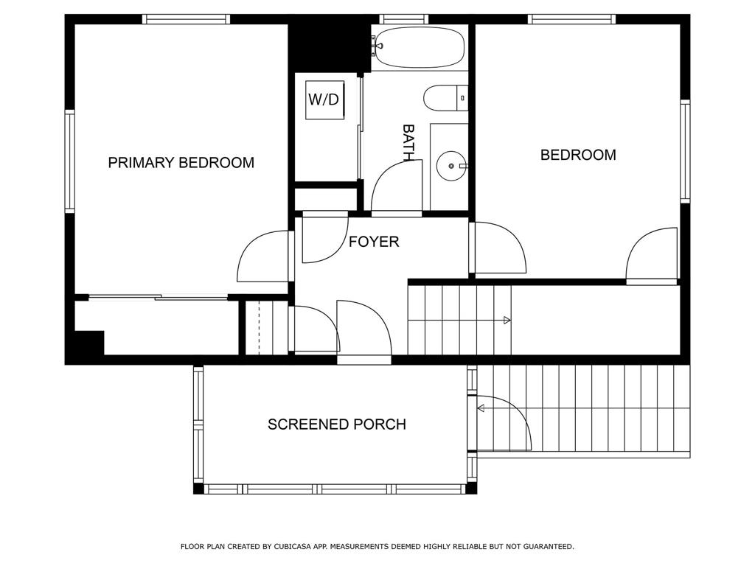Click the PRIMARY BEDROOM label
[181, 163]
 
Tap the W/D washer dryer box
[324, 99]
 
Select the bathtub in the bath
[419, 47]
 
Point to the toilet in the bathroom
[445, 98]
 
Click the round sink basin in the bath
[451, 166]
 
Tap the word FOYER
[374, 242]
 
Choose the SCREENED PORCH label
[336, 424]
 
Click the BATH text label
[408, 142]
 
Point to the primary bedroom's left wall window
[70, 161]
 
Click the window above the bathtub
[403, 19]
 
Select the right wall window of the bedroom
[685, 151]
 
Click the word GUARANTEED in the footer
[549, 547]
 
